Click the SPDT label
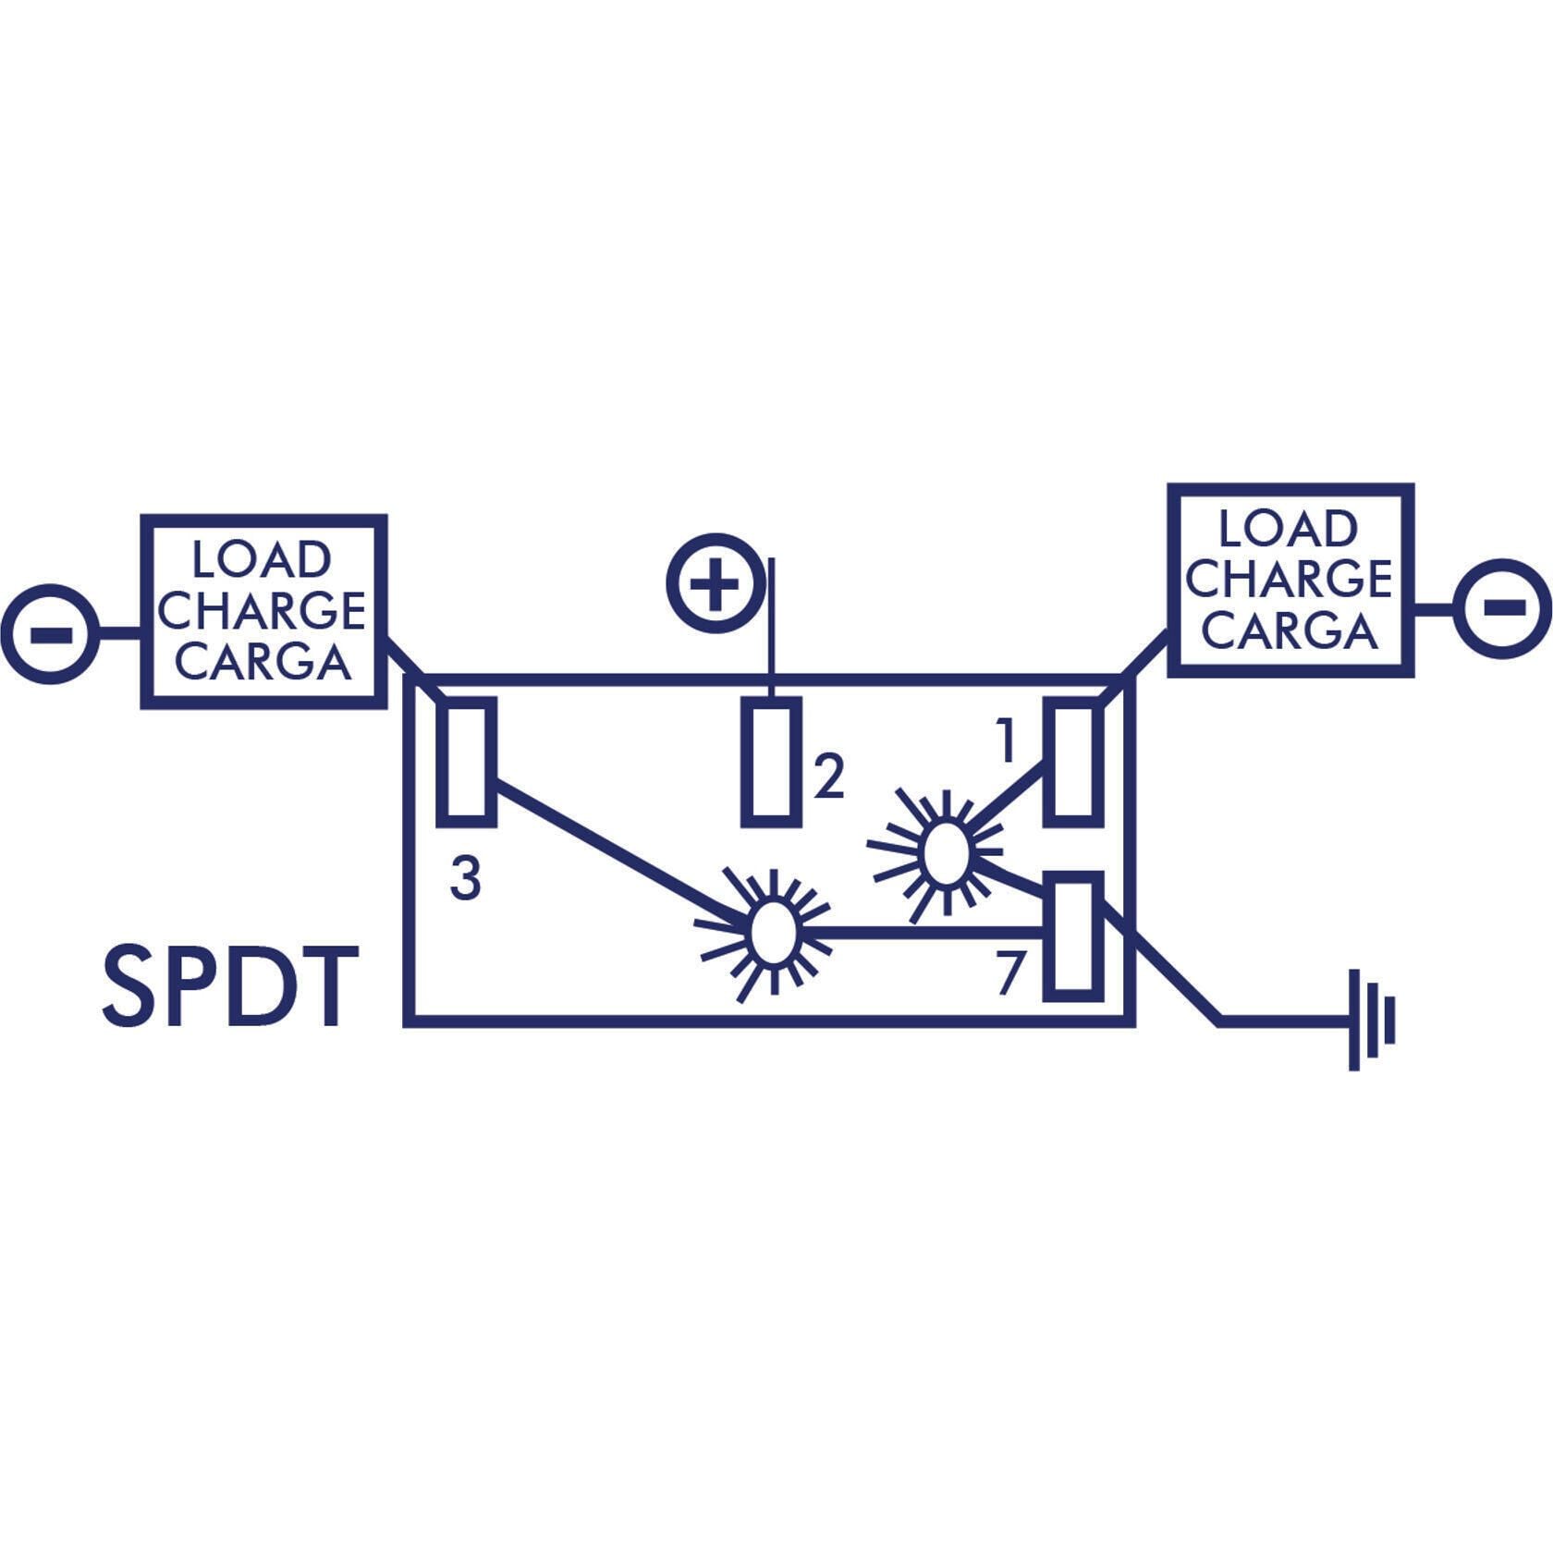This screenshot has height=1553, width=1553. [229, 985]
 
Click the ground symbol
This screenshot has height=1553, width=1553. [1372, 1020]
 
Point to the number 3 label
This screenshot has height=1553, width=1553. [465, 877]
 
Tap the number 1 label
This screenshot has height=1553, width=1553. [1006, 741]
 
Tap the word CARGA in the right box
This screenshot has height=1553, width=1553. [1290, 631]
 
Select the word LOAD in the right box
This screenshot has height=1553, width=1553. [1288, 529]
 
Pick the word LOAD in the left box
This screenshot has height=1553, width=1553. [262, 560]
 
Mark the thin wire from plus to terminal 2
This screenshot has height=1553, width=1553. [772, 628]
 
